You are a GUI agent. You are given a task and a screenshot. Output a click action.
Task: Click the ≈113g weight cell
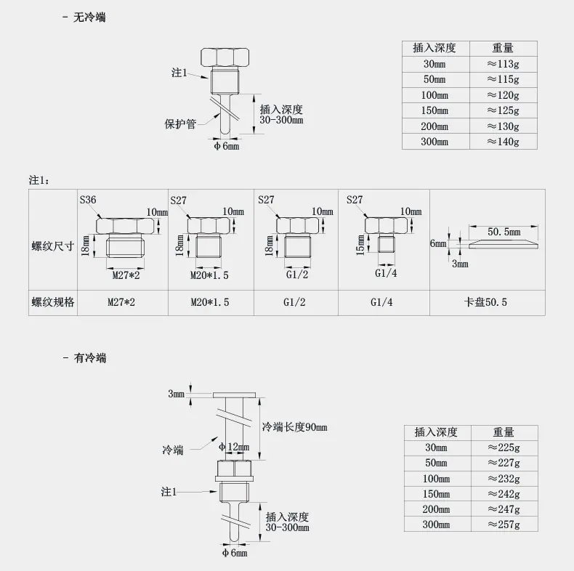click(x=503, y=64)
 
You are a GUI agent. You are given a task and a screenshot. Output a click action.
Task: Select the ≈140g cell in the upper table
click(x=503, y=142)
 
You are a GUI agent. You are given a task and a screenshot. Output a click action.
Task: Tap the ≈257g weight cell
click(x=504, y=525)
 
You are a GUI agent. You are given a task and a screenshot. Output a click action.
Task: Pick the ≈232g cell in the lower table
click(x=504, y=479)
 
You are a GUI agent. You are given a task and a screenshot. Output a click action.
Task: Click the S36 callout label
click(x=88, y=200)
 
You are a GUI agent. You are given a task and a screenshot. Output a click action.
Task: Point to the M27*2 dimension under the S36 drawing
click(x=126, y=275)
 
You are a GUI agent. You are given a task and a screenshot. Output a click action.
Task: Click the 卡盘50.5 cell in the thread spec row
click(x=485, y=302)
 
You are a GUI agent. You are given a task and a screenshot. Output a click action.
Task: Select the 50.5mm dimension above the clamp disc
click(x=504, y=232)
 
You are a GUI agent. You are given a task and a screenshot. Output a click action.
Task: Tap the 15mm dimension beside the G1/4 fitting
click(x=360, y=245)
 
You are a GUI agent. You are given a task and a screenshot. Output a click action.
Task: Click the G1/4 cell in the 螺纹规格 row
click(x=381, y=302)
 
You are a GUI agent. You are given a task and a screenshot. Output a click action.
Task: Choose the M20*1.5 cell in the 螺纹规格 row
click(x=210, y=302)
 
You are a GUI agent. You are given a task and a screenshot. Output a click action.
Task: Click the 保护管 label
click(x=180, y=124)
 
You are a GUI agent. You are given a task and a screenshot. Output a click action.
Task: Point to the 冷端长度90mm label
click(x=295, y=427)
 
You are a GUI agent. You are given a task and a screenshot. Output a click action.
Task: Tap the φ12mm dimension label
click(x=234, y=447)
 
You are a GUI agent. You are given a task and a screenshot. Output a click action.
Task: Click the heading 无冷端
click(x=89, y=17)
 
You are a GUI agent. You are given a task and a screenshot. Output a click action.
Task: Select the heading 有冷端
click(x=90, y=357)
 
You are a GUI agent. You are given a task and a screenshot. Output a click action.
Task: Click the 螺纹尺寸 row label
click(x=53, y=246)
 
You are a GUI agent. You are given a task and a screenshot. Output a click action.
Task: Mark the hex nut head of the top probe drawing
click(x=225, y=57)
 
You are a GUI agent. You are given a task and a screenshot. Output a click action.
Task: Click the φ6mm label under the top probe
click(x=227, y=147)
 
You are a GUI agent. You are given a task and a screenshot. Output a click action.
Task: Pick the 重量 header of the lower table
click(x=504, y=432)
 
